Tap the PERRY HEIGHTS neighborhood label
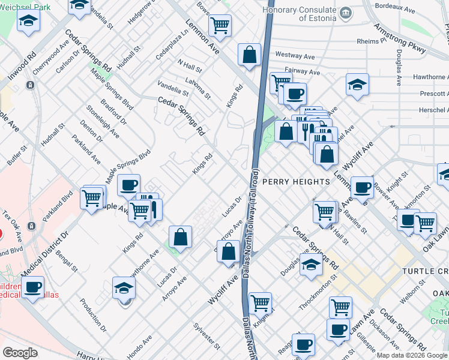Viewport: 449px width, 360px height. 295,181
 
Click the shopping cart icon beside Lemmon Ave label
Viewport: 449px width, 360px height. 220,26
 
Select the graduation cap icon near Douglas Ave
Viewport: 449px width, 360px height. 311,265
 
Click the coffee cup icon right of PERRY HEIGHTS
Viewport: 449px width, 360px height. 362,187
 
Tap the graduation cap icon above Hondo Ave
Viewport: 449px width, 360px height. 124,289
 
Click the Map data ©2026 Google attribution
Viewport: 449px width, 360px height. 411,355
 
